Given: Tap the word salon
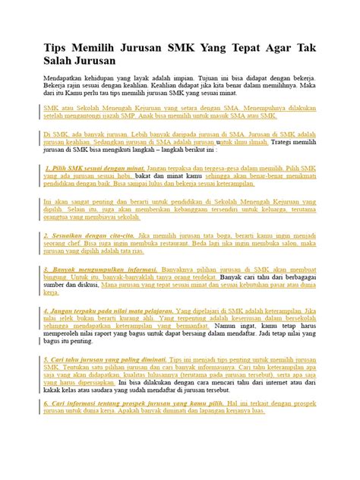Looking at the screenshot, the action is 283,245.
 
